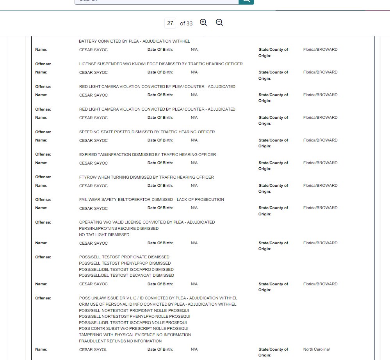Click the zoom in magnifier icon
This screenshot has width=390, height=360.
pos(203,22)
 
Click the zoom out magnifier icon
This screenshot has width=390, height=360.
pos(219,22)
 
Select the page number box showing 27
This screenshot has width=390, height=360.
pos(170,23)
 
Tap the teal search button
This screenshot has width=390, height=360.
pos(246,1)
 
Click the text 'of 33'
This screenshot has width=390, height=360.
pos(186,23)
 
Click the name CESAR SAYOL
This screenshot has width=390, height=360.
pos(93,349)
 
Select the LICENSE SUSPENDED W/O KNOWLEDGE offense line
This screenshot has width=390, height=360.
pos(161,64)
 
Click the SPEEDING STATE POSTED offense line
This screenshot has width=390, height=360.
pos(147,132)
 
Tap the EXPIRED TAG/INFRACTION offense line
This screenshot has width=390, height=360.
pos(148,154)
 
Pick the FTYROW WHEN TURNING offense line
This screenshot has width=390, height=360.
pos(146,177)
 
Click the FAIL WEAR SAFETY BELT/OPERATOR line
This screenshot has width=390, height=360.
pos(151,199)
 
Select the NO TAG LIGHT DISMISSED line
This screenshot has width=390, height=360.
pos(104,235)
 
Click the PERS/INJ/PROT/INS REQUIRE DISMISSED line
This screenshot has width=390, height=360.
pos(119,228)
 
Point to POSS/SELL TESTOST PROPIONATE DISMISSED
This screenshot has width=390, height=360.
pos(124,257)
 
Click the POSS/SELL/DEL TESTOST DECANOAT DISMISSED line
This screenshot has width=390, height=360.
pos(126,275)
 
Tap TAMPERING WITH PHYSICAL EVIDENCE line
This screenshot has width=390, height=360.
pos(135,335)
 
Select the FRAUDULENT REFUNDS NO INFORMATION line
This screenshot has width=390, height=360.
pos(120,341)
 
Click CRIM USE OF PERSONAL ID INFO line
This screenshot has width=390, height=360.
pos(158,304)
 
